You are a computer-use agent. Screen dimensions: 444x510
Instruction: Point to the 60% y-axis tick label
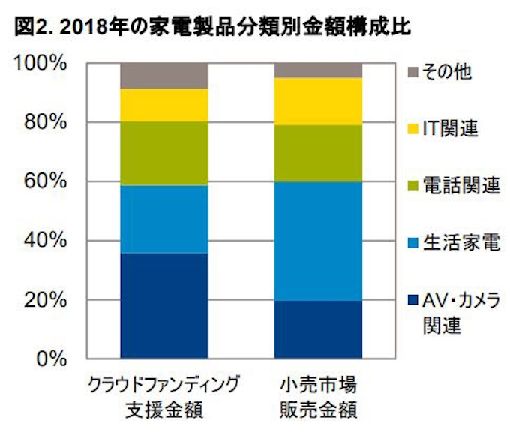[x=44, y=181]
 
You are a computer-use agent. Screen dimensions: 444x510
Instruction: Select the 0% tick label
[x=50, y=358]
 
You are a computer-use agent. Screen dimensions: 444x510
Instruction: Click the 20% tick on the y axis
[x=44, y=300]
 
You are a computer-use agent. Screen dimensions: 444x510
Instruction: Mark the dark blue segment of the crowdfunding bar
[x=164, y=305]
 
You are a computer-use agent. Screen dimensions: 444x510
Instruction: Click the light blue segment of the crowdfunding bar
[x=164, y=219]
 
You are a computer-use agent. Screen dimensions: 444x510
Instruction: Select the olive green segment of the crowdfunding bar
[x=164, y=153]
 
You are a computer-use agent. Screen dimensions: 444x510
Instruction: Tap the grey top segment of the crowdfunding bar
[x=164, y=76]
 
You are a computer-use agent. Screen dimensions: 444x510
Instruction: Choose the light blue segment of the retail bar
[x=319, y=241]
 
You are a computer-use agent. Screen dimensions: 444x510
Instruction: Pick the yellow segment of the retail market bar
[x=319, y=101]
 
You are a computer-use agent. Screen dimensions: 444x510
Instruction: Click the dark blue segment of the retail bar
[x=319, y=329]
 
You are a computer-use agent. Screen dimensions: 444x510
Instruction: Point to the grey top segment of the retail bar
[x=319, y=70]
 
